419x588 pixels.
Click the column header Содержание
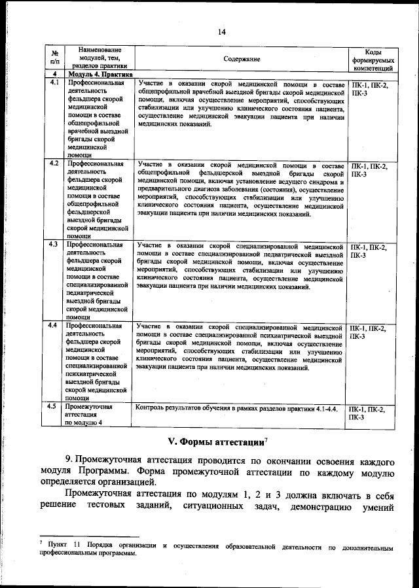(x=241, y=59)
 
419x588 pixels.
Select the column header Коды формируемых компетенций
(x=373, y=59)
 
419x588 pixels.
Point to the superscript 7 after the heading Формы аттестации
(x=267, y=437)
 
